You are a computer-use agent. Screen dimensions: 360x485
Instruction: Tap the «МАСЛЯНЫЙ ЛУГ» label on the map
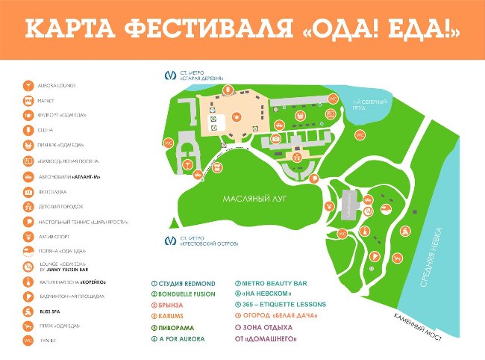pyautogui.click(x=255, y=199)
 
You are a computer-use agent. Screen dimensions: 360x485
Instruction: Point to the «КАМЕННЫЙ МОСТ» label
pyautogui.click(x=418, y=327)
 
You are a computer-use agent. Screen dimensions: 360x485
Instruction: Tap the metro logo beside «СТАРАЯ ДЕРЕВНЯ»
pyautogui.click(x=170, y=75)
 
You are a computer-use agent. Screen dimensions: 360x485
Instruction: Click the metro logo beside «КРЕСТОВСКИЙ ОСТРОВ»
pyautogui.click(x=170, y=240)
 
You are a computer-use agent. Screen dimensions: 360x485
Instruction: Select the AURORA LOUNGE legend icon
pyautogui.click(x=27, y=85)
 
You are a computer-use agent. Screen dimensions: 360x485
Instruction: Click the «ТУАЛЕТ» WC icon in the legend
pyautogui.click(x=27, y=341)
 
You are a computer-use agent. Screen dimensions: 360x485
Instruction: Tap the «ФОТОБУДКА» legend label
pyautogui.click(x=51, y=191)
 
